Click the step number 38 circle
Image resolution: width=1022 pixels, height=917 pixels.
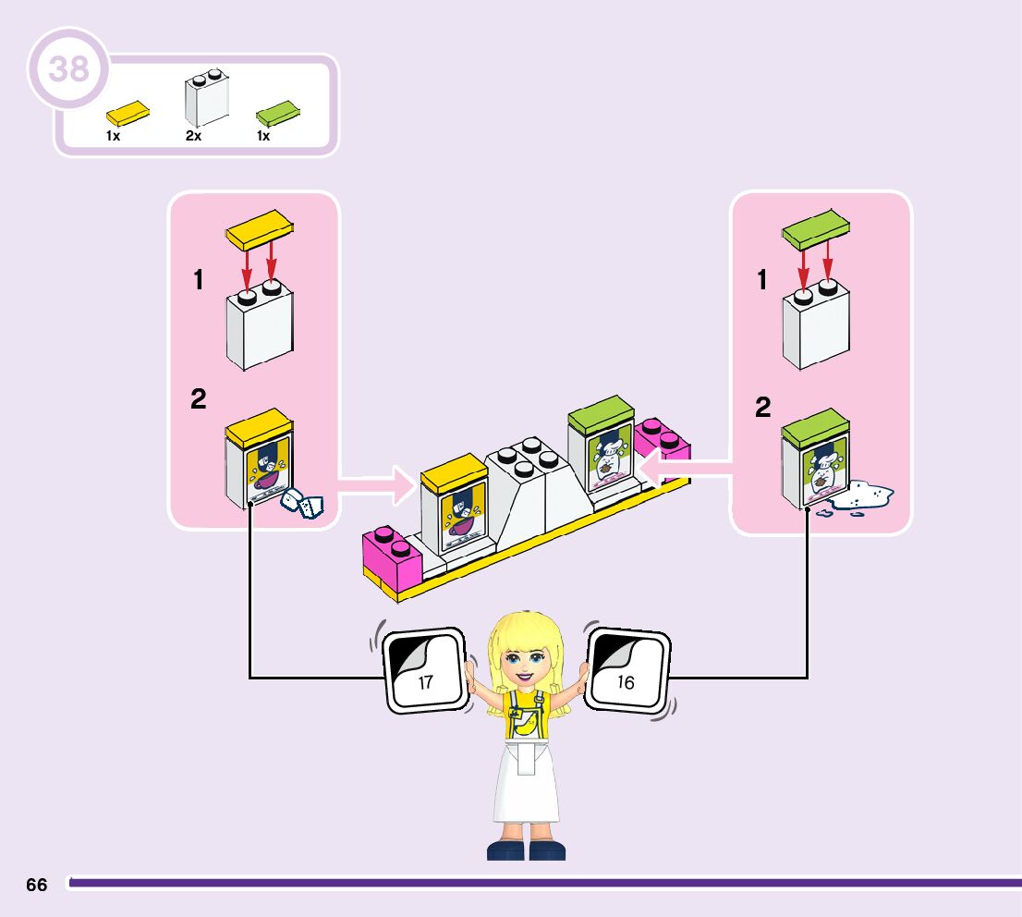click(x=68, y=69)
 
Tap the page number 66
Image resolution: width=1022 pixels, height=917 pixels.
click(x=37, y=885)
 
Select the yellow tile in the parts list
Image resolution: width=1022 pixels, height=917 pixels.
click(x=128, y=114)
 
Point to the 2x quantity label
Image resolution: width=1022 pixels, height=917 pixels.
click(x=193, y=136)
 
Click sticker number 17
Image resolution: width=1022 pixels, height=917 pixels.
click(x=425, y=671)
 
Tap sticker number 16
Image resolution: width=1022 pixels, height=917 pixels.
click(x=627, y=671)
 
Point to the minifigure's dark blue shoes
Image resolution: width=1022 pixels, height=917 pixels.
click(x=526, y=849)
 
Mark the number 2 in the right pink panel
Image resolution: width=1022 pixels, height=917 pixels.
click(x=763, y=408)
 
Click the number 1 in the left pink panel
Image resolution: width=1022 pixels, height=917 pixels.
click(x=199, y=280)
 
